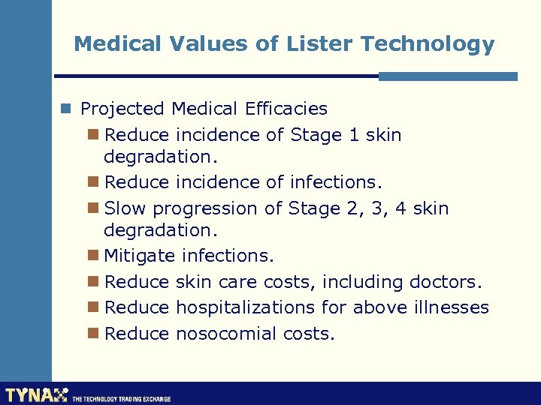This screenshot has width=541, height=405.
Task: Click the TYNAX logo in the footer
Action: pos(36,394)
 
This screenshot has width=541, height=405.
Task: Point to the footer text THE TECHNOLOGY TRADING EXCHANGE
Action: pos(121,399)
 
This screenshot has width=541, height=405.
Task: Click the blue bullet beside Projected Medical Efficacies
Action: pos(67,109)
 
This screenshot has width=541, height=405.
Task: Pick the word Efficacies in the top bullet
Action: pos(286,109)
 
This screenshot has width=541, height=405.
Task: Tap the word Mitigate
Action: pos(140,256)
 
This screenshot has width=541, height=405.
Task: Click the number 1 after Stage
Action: pos(355,135)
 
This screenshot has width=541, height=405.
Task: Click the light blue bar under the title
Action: pos(448,76)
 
